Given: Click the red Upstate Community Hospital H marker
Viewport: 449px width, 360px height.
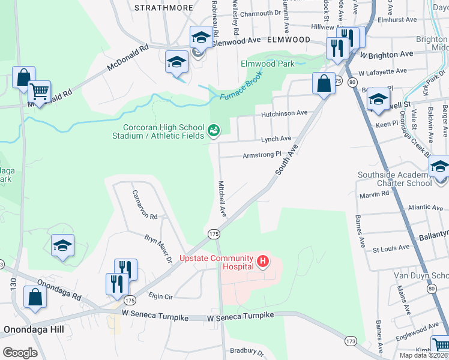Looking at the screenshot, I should (x=262, y=262).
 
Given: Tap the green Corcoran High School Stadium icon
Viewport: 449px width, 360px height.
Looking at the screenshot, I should (x=212, y=130).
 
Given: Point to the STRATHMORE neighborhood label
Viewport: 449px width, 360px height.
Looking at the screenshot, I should (x=164, y=8).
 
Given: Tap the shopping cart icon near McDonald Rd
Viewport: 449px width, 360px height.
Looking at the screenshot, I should (x=39, y=92).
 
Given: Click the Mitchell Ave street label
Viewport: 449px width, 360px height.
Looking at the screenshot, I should (x=222, y=199).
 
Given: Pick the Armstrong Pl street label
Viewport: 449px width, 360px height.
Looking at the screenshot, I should (x=262, y=155).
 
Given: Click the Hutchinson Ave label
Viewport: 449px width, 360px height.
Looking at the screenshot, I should (x=283, y=113).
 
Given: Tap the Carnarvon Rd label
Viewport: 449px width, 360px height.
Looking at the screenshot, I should (x=145, y=204).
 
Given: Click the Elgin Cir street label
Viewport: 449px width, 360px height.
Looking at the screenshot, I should (x=161, y=296).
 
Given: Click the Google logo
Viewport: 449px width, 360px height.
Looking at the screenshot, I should (x=20, y=353).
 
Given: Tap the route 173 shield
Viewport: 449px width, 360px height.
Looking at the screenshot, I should (x=351, y=341).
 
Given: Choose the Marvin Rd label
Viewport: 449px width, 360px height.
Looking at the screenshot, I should (x=375, y=195).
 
